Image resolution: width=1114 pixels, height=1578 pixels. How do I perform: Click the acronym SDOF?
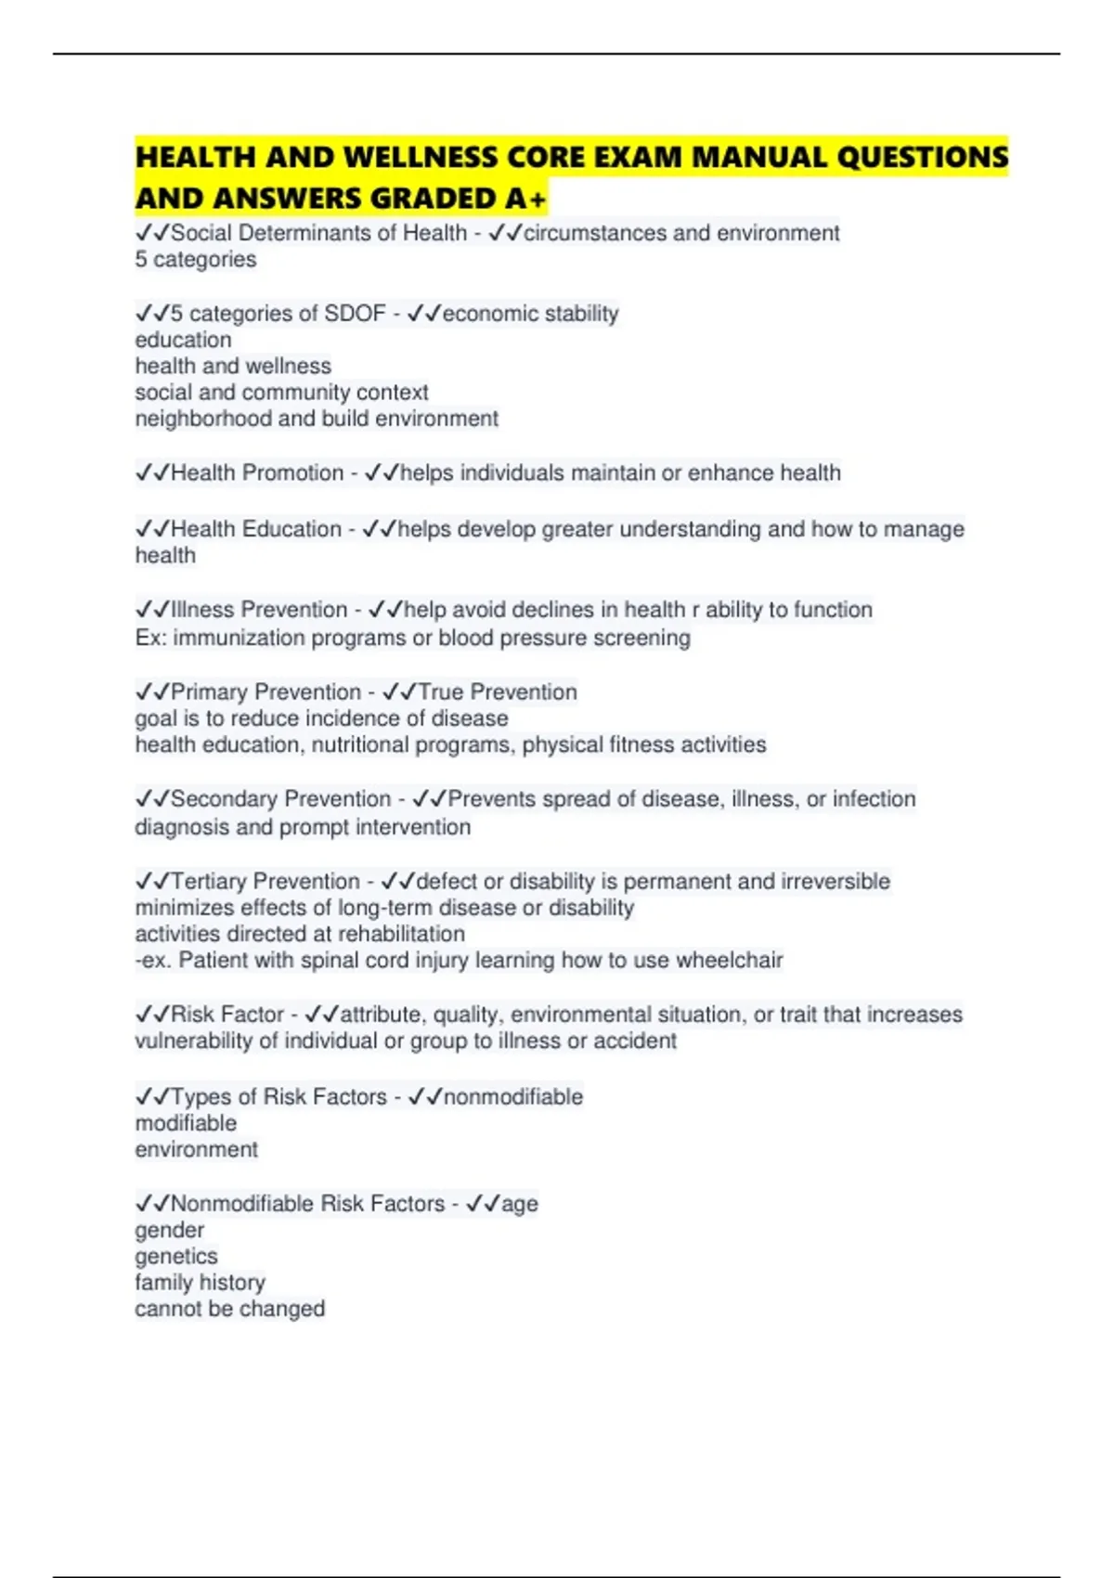(x=355, y=314)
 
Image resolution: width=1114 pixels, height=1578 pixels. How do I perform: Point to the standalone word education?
(x=183, y=340)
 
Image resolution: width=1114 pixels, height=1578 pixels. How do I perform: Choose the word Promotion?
(x=293, y=472)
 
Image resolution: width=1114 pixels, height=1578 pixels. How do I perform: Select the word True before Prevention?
(x=440, y=692)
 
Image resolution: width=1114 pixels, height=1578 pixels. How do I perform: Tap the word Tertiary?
(x=208, y=881)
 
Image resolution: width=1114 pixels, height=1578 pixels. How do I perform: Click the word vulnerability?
(x=193, y=1041)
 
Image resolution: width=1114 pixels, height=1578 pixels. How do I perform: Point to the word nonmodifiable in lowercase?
(x=513, y=1096)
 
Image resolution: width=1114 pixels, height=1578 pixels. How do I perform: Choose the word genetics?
(x=176, y=1256)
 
